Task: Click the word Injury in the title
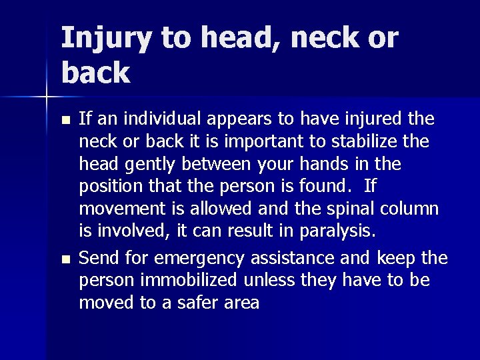[107, 40]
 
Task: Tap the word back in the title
[95, 73]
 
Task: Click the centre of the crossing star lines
[46, 99]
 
